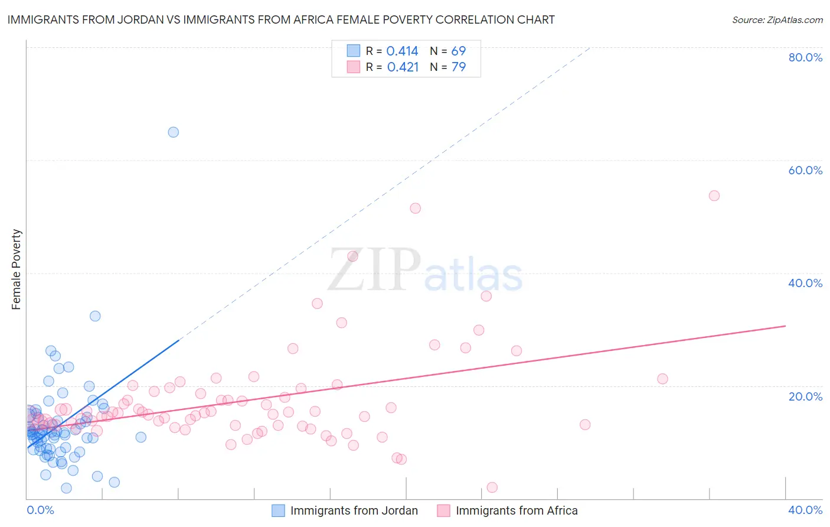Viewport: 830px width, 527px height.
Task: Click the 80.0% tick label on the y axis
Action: click(x=805, y=57)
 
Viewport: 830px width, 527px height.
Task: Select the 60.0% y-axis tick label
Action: click(x=805, y=170)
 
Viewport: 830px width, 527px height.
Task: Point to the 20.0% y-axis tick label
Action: click(x=805, y=396)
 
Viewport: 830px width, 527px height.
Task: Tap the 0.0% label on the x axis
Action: click(x=40, y=510)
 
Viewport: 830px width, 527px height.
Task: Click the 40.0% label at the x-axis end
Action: click(x=805, y=510)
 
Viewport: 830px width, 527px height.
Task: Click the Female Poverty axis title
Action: click(x=17, y=269)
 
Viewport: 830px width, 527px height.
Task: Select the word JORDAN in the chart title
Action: click(x=142, y=19)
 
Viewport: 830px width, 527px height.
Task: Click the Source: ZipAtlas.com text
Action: click(x=777, y=19)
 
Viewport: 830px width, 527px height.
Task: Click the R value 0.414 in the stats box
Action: click(x=402, y=51)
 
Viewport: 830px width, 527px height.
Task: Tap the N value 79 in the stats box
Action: click(x=459, y=67)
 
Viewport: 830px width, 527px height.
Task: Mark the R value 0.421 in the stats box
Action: click(x=403, y=67)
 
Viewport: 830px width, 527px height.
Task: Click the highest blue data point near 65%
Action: click(x=173, y=132)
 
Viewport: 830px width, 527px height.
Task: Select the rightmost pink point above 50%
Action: click(x=714, y=196)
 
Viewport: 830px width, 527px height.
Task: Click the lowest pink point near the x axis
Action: click(x=492, y=487)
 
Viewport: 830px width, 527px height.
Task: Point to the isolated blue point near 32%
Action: click(x=95, y=316)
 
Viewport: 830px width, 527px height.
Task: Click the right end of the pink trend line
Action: click(x=785, y=326)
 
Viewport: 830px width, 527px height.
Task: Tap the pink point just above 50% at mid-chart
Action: click(x=415, y=208)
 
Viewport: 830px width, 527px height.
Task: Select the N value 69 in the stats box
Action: click(x=459, y=51)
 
